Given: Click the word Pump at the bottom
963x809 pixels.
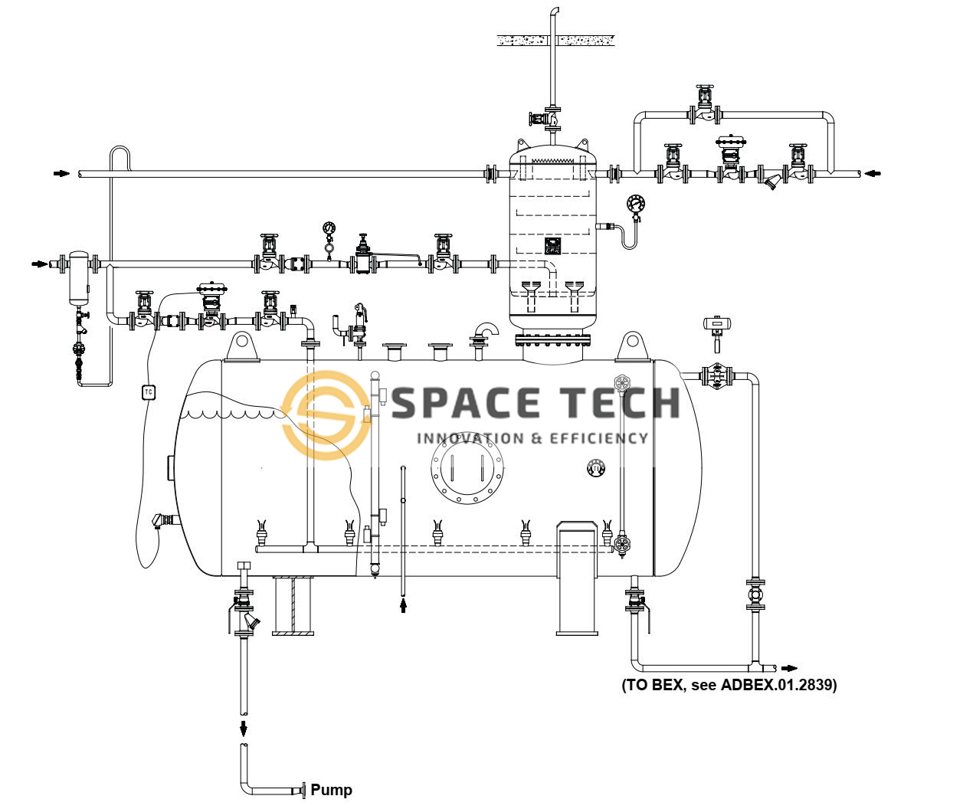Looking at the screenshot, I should [331, 790].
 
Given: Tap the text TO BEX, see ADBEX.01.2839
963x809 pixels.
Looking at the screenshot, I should [729, 685].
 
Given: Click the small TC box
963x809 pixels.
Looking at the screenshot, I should [149, 392].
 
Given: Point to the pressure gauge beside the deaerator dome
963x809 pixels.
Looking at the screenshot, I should [635, 204].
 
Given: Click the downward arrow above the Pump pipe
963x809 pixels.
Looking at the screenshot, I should [244, 726].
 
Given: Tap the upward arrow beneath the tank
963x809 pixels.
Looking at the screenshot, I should [404, 606].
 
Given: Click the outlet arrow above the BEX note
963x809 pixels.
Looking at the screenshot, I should [789, 668].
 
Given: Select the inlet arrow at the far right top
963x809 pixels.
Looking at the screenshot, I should [873, 174].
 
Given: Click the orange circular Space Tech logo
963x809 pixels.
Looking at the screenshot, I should [326, 410].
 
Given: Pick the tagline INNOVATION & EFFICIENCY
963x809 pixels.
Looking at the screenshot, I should [532, 438].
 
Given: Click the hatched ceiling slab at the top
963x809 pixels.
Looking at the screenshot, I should [555, 39].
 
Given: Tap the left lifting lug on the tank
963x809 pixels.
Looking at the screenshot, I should [242, 346].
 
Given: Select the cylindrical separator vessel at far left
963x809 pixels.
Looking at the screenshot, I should [78, 274].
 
